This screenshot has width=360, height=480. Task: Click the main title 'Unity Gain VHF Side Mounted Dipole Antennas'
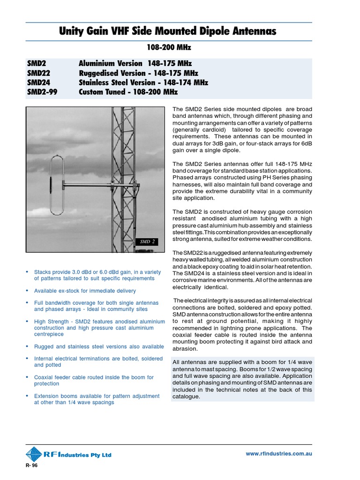click(x=167, y=31)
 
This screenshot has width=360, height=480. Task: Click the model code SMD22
click(x=38, y=73)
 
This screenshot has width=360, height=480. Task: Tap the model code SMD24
click(x=38, y=82)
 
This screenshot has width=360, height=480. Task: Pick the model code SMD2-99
click(x=42, y=92)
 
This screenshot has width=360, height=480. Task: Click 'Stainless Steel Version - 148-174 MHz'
click(x=143, y=82)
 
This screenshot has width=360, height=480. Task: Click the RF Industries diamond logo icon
click(x=34, y=454)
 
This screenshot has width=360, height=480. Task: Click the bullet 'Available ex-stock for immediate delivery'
click(x=88, y=291)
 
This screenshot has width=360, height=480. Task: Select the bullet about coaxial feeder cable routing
click(x=94, y=380)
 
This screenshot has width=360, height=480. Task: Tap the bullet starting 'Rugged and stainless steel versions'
click(x=99, y=346)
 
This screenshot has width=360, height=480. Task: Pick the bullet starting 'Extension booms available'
click(x=97, y=399)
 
